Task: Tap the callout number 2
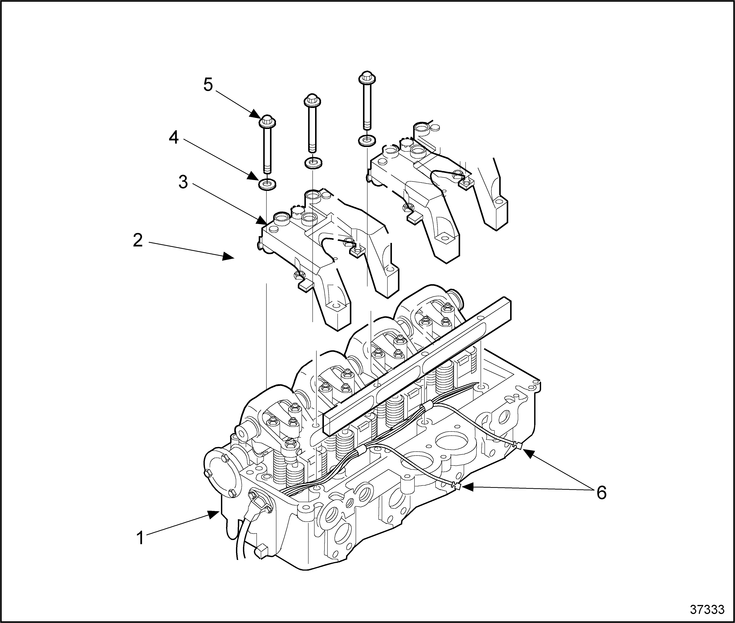click(x=138, y=240)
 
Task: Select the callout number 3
click(x=183, y=182)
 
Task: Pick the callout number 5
click(x=208, y=85)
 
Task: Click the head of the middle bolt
click(x=312, y=101)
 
